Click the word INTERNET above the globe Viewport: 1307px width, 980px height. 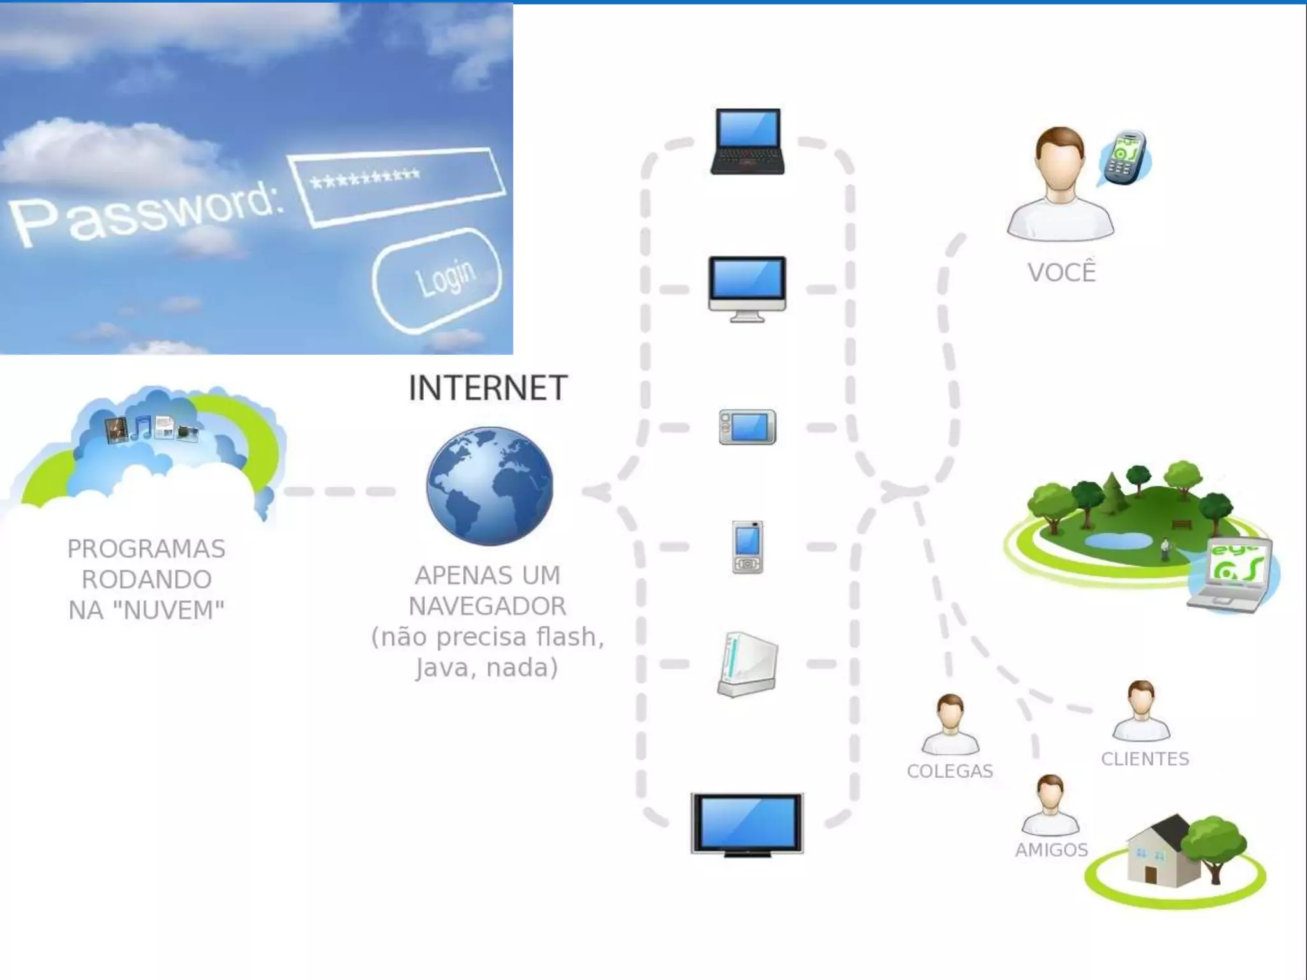click(x=488, y=388)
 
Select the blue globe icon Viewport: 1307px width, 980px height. click(x=490, y=486)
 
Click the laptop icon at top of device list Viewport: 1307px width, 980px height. click(x=747, y=142)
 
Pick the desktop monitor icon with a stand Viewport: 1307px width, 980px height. click(x=747, y=288)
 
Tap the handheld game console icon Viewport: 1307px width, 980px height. click(x=747, y=427)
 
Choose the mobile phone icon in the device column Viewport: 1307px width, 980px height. click(x=747, y=547)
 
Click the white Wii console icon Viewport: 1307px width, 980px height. click(x=747, y=664)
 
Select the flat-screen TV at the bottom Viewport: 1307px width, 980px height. click(x=747, y=824)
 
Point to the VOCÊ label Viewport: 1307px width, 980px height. click(x=1061, y=272)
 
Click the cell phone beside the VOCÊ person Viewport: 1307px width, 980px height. click(x=1126, y=158)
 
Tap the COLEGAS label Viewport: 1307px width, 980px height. click(x=950, y=771)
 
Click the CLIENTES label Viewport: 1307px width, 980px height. click(x=1145, y=759)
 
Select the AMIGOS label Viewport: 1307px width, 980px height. click(x=1051, y=850)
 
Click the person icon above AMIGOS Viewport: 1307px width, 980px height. click(x=1050, y=806)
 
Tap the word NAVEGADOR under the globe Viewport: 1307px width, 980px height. click(x=488, y=606)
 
